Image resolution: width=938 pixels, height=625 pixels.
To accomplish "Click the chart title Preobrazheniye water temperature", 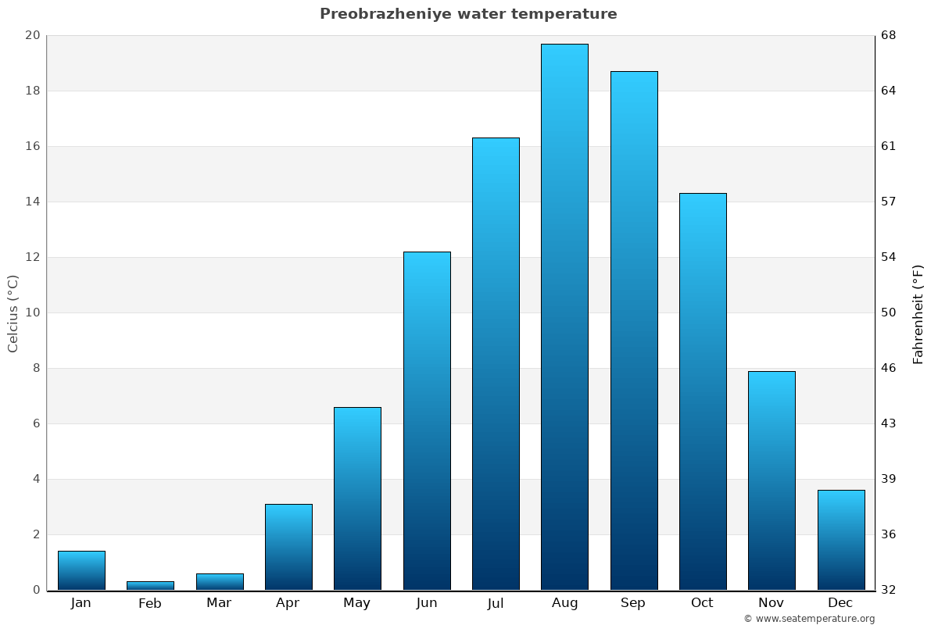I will point(468,14).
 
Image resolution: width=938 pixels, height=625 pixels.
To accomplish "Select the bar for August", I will point(564,316).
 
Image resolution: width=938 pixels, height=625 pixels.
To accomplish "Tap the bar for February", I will point(150,585).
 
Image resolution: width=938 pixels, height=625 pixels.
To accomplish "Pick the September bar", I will point(633,330).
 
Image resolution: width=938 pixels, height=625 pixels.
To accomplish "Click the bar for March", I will point(220,581).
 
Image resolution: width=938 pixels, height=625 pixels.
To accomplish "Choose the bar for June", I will point(427,420).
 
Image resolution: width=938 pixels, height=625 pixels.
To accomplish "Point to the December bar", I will point(840,539).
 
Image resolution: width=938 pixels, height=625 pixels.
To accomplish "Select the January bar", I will point(81,570).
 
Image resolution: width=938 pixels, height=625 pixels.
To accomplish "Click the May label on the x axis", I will point(357,603).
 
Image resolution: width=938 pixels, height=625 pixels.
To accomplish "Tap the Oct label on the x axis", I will point(702,603).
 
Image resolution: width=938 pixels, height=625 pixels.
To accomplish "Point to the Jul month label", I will point(496,603).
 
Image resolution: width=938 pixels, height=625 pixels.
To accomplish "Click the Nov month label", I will point(771,603).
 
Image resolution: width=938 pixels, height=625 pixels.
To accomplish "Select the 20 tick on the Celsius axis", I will point(32,35).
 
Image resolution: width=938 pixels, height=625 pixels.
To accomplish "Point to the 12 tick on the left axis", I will point(32,257).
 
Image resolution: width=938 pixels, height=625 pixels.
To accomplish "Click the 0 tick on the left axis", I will point(36,590).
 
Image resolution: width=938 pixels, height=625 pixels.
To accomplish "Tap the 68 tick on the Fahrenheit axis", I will point(890,35).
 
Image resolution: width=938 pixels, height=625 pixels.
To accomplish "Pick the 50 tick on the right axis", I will point(890,312).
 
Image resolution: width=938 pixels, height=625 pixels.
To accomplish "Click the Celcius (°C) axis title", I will point(13,312).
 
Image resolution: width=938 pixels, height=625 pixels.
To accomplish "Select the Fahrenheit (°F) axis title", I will point(918,312).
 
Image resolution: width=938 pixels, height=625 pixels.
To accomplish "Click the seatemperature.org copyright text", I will point(809,619).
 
